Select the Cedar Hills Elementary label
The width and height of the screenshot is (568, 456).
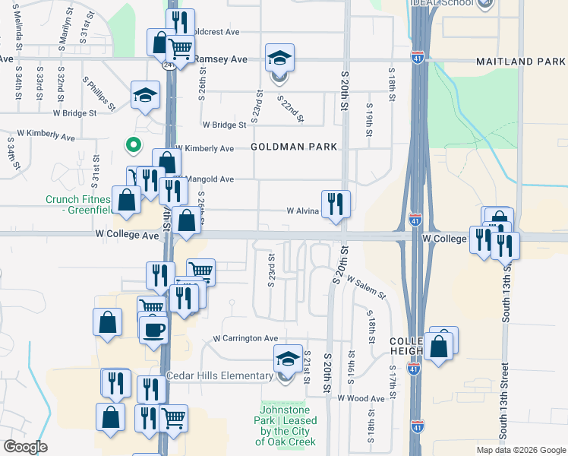220,376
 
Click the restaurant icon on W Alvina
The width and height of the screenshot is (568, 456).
336,204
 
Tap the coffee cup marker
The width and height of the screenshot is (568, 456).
153,330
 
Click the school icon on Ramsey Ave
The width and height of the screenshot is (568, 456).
279,59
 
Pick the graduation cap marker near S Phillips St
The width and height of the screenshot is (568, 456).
145,96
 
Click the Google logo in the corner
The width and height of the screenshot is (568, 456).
25,447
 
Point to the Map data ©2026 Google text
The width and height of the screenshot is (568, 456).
521,450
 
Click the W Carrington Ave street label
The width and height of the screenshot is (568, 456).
245,338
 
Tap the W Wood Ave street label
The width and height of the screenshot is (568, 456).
361,398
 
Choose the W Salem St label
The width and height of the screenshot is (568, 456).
366,287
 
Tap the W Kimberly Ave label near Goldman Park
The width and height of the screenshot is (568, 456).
204,148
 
